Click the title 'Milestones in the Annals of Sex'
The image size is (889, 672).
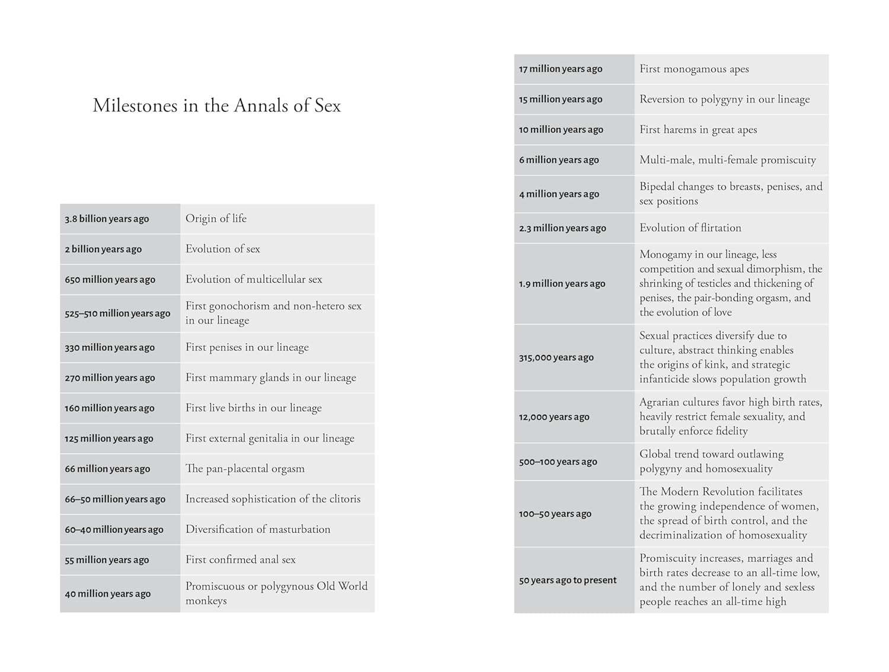pos(217,105)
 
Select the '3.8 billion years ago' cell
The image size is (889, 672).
pos(107,219)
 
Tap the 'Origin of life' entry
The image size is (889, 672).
pos(216,219)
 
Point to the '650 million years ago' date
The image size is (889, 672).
pos(110,279)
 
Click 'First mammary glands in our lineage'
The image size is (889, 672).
pos(271,377)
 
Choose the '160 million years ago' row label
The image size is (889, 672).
pos(110,408)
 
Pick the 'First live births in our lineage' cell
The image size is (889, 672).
pos(254,408)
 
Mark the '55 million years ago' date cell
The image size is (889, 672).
pos(107,559)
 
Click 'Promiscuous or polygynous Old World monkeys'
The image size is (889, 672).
pos(276,593)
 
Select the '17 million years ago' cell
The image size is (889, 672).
pos(561,69)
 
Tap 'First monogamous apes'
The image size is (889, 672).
pos(694,69)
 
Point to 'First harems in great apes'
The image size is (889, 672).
pos(698,129)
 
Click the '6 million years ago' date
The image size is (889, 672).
pos(559,159)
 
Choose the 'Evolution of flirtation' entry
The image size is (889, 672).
pos(690,228)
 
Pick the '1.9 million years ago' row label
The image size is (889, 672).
pos(562,283)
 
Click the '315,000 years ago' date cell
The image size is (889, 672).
pos(557,357)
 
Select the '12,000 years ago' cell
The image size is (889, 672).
pos(554,417)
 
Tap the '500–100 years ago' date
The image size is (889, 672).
pos(558,462)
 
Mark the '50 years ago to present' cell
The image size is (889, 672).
pos(568,580)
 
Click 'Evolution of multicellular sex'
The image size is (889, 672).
pos(254,279)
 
